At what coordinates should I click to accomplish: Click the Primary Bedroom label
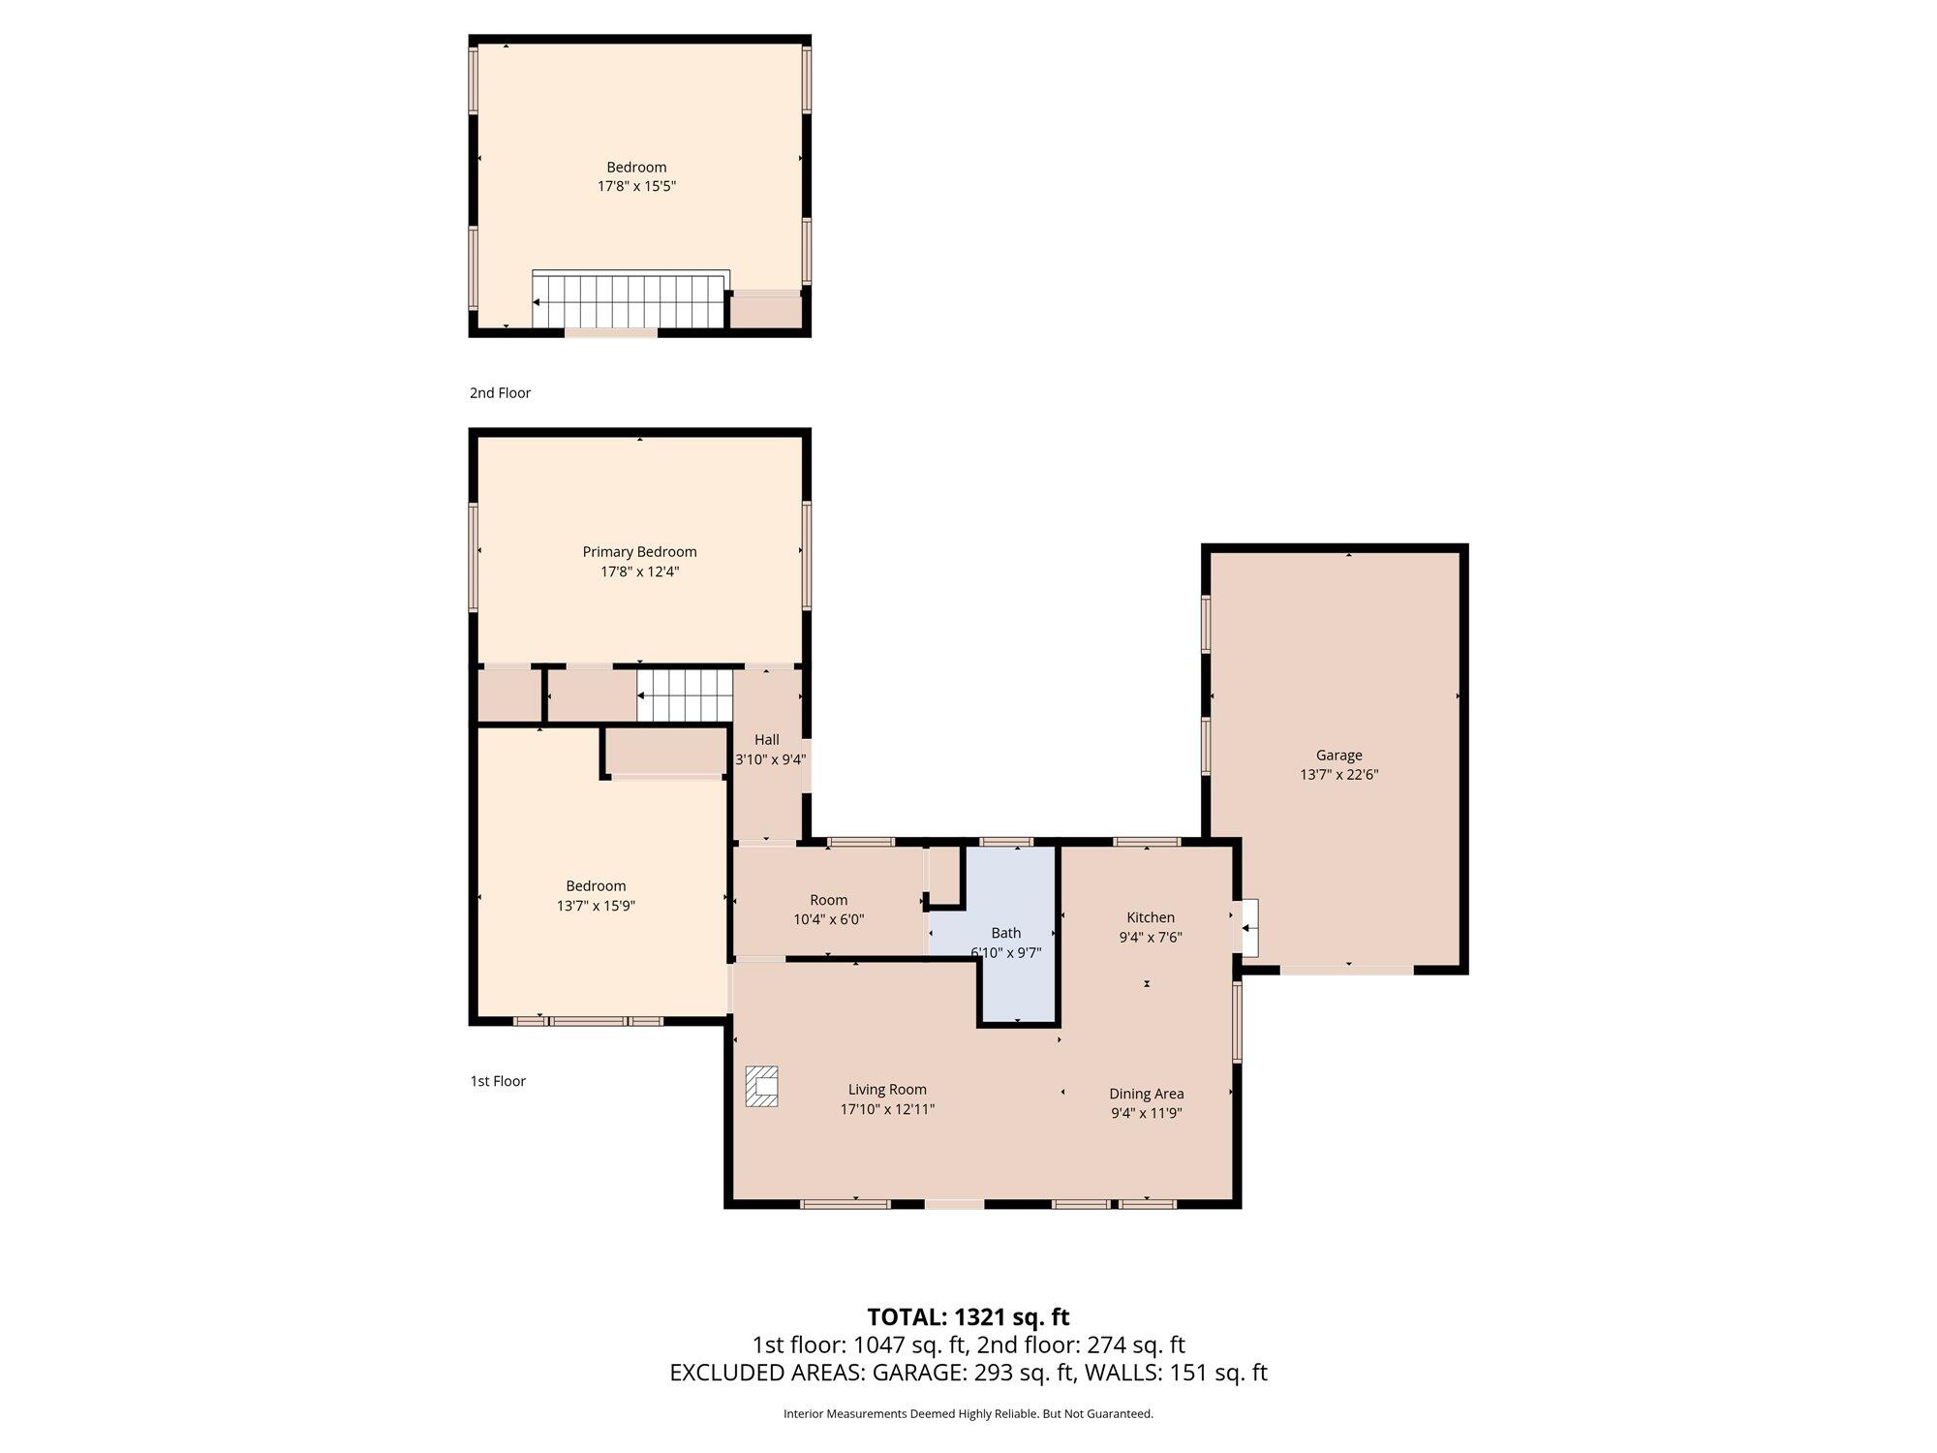(x=639, y=552)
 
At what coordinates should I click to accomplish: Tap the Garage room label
(x=1338, y=756)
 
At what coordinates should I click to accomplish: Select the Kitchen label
(x=1151, y=917)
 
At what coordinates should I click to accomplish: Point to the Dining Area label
(x=1147, y=1094)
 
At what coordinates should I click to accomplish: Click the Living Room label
(x=887, y=1090)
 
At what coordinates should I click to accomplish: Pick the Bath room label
(x=1006, y=933)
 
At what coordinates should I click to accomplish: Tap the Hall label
(x=766, y=740)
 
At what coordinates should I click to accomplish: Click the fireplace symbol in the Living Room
(x=762, y=1086)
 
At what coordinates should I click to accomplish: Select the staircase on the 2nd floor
(x=630, y=301)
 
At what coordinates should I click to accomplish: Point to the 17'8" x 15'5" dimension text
(x=636, y=186)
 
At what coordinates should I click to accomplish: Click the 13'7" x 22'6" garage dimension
(x=1338, y=775)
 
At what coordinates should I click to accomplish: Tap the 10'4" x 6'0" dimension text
(x=828, y=919)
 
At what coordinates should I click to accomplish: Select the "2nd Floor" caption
(x=500, y=393)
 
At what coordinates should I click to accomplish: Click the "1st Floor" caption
(x=498, y=1081)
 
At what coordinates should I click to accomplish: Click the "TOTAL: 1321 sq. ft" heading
(x=968, y=1317)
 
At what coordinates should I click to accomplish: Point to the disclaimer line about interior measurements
(x=968, y=1414)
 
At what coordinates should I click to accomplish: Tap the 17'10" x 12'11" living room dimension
(x=887, y=1109)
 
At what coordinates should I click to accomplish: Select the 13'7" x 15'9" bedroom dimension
(x=596, y=906)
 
